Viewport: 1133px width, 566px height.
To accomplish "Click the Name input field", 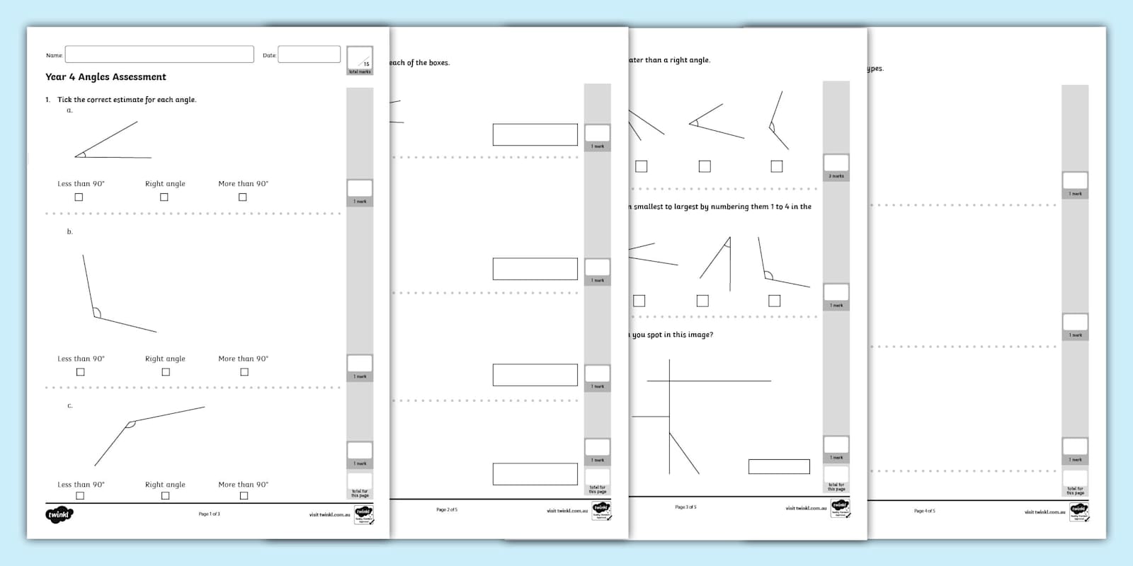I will (x=159, y=54).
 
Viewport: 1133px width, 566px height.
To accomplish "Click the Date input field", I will (x=309, y=54).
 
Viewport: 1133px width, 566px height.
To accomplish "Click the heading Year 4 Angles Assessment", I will (x=106, y=77).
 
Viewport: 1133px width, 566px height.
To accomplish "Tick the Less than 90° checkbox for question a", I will (x=79, y=197).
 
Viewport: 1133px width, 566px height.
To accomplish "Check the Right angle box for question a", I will (x=164, y=197).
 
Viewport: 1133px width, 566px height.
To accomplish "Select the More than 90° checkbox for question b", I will (x=244, y=372).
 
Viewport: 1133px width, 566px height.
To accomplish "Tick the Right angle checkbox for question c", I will (x=165, y=496).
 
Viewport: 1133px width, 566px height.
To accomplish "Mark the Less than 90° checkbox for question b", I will (x=80, y=372).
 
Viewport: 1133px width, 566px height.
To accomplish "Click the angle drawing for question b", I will (x=113, y=297).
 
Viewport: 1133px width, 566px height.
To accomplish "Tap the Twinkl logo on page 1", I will (x=59, y=514).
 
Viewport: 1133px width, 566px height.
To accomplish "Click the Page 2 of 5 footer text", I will (x=447, y=510).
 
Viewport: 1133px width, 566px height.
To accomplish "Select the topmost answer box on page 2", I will (x=535, y=134).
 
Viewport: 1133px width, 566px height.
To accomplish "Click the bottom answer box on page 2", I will (x=535, y=474).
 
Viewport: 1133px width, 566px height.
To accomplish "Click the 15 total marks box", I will (x=360, y=60).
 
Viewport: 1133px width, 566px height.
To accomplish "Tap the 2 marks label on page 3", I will (x=836, y=176).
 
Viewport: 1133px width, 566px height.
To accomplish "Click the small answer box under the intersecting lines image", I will (x=779, y=466).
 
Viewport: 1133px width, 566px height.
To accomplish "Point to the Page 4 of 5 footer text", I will (x=924, y=511).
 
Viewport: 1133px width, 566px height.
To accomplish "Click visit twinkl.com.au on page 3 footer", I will (x=806, y=508).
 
